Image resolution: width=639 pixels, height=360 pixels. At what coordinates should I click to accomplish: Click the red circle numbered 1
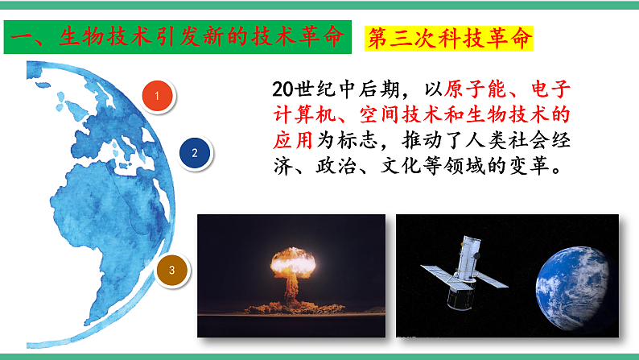pos(158,97)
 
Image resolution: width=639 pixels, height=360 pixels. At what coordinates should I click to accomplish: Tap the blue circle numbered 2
pos(194,151)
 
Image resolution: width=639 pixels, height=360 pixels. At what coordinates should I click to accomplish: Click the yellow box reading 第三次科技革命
pos(450,38)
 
